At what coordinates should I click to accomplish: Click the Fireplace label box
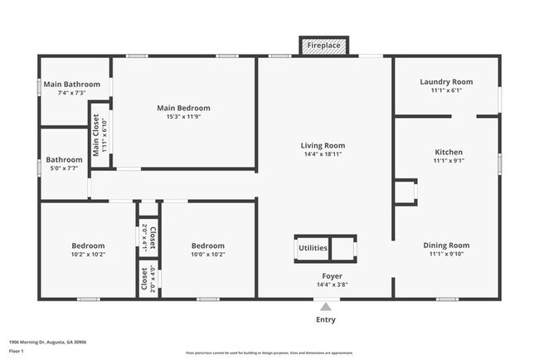(324, 46)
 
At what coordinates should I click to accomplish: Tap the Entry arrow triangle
(325, 306)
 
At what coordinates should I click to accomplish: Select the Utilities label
(313, 248)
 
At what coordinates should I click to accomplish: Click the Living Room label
(323, 146)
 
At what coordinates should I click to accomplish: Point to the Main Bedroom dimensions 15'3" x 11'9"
(183, 117)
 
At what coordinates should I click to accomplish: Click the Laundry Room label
(446, 81)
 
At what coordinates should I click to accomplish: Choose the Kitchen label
(449, 152)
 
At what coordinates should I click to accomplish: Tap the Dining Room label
(446, 246)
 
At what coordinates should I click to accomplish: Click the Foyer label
(332, 275)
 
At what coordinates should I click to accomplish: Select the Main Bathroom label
(71, 84)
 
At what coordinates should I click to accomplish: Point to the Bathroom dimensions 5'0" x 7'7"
(64, 168)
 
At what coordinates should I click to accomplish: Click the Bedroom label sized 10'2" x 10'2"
(88, 246)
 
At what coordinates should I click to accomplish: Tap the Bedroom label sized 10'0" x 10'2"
(207, 246)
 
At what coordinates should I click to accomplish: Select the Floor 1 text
(15, 352)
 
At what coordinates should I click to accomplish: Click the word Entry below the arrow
(326, 319)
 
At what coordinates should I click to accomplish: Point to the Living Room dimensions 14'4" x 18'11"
(323, 154)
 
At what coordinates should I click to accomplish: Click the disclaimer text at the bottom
(269, 352)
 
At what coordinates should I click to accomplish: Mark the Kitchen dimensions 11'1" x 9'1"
(449, 161)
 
